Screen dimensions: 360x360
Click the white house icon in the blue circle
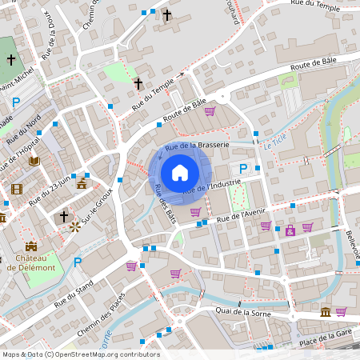[x=180, y=172]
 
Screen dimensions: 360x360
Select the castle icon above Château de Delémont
[x=31, y=246]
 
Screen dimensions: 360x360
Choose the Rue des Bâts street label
[x=165, y=203]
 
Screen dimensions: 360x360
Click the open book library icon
[x=34, y=161]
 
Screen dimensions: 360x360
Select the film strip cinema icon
[x=17, y=189]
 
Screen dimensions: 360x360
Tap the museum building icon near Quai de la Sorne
[x=325, y=311]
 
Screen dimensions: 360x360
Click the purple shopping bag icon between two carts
[x=290, y=231]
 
